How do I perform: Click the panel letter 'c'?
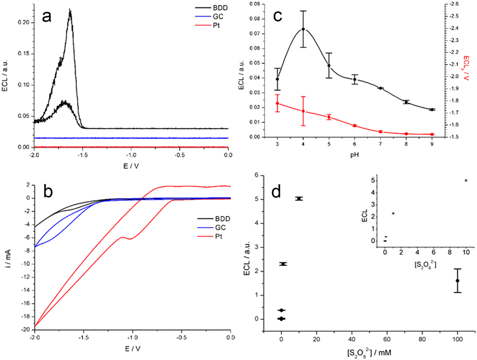tap(278, 16)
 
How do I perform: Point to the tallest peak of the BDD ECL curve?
tap(70, 9)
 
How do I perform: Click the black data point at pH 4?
tap(303, 29)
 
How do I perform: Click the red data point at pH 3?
tap(277, 103)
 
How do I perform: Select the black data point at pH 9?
tap(432, 110)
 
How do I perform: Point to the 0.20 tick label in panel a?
tap(22, 23)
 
